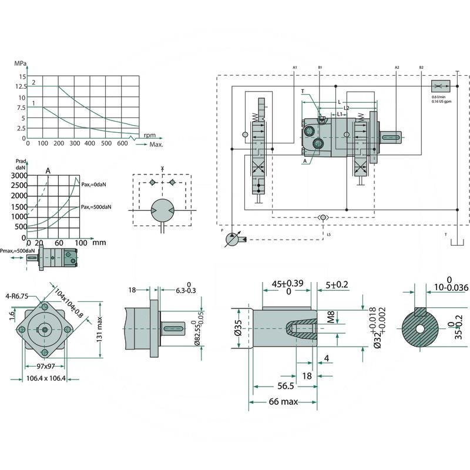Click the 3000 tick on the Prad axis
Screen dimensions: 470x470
coord(19,176)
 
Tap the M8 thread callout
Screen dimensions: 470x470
coord(330,318)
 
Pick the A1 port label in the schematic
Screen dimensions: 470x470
coord(294,68)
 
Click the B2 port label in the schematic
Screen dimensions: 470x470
coord(421,68)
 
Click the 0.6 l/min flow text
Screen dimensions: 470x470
coord(441,96)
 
